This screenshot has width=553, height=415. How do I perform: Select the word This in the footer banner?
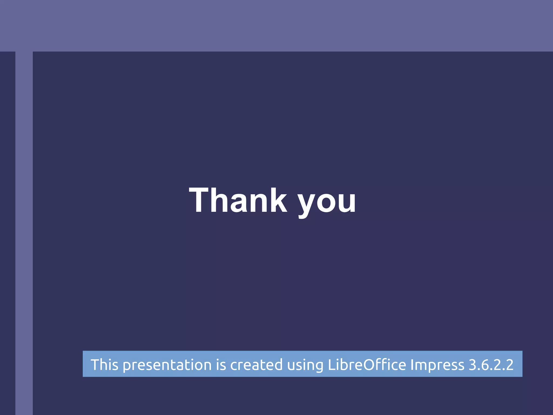pyautogui.click(x=104, y=364)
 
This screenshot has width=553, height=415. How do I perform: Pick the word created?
pyautogui.click(x=256, y=364)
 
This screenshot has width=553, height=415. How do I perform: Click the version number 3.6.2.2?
pyautogui.click(x=491, y=364)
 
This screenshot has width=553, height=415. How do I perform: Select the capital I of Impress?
pyautogui.click(x=412, y=364)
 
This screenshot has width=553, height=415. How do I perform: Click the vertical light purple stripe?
pyautogui.click(x=24, y=232)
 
